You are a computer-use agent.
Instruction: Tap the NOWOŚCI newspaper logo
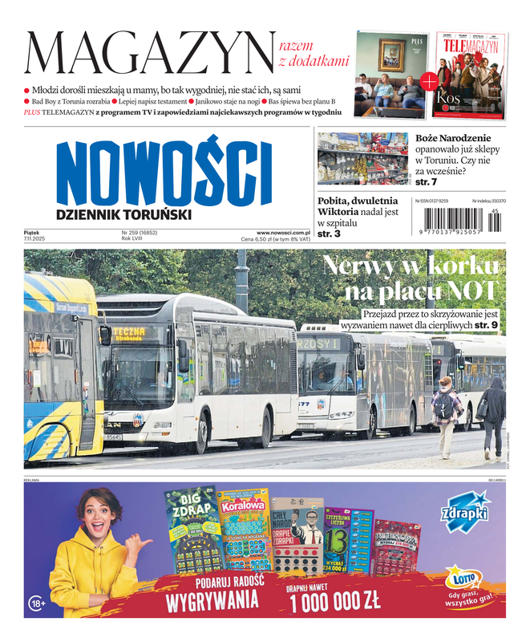(164, 173)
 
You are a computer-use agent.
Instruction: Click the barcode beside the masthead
(458, 219)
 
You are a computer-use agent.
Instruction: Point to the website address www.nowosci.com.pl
(283, 232)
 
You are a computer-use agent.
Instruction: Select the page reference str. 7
(427, 183)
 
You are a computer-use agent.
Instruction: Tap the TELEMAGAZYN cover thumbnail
(472, 73)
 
